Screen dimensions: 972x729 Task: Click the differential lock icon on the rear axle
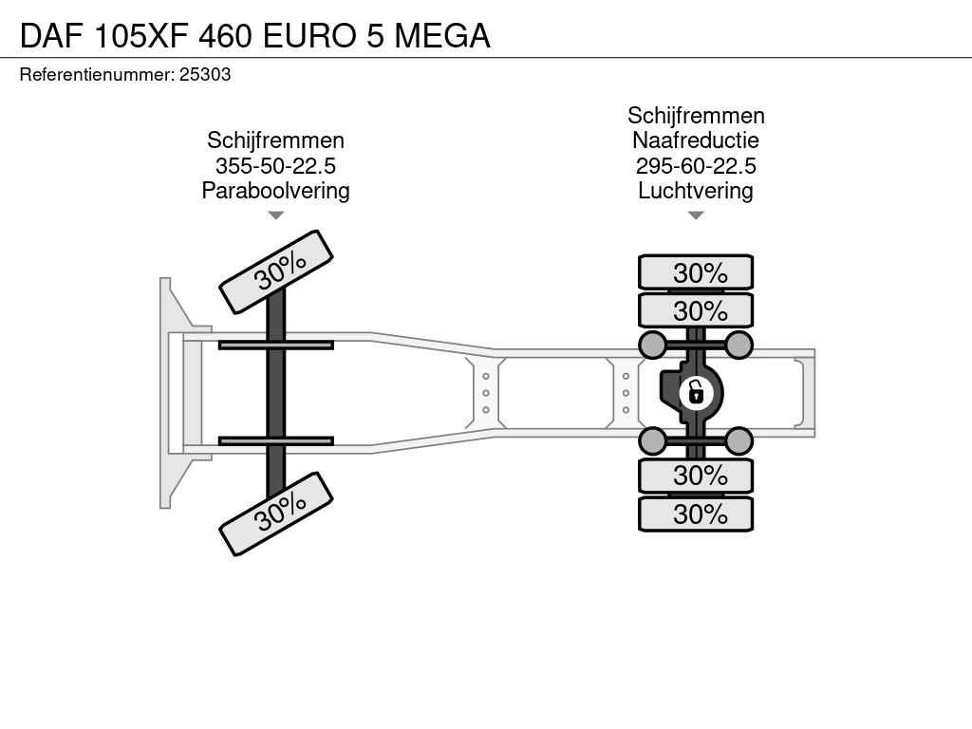696,393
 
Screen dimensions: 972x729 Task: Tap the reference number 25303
205,74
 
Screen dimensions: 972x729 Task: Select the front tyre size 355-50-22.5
276,165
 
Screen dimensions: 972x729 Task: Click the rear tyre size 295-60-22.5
696,165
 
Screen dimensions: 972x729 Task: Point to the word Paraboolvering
276,190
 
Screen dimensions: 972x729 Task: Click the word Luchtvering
696,190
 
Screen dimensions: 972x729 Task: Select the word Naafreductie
696,140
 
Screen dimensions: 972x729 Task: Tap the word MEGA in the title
442,36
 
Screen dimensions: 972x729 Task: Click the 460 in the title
225,36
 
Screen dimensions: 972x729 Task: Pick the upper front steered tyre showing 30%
276,271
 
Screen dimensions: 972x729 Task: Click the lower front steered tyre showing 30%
276,514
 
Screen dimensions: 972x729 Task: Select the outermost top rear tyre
696,272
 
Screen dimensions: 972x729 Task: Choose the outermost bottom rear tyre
696,514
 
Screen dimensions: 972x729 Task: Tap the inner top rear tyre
696,310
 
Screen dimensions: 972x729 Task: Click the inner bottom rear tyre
696,476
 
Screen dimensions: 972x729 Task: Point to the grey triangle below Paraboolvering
276,215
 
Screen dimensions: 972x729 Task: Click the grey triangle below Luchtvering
696,215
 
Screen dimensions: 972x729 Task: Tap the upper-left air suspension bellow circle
653,346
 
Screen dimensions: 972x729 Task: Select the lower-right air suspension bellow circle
738,441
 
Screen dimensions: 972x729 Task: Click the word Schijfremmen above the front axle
276,140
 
